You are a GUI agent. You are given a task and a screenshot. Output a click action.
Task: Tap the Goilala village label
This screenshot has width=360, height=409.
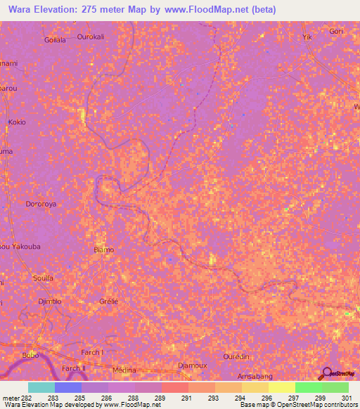55,40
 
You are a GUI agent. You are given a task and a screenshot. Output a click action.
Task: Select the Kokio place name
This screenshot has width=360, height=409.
17,122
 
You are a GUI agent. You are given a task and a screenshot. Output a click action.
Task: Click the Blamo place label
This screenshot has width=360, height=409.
103,249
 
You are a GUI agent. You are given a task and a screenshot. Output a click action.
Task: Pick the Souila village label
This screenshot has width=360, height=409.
44,278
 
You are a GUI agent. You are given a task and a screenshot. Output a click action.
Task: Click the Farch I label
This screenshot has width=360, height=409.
92,352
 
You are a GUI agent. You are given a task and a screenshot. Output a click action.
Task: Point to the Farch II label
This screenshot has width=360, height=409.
73,368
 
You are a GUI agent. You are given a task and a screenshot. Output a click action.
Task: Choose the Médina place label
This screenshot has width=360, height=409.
124,370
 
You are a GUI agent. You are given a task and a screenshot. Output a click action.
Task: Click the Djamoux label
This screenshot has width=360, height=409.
191,365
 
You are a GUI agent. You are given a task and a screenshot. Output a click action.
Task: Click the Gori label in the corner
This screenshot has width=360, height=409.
336,32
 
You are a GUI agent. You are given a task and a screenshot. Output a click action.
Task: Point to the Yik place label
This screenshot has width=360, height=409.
306,37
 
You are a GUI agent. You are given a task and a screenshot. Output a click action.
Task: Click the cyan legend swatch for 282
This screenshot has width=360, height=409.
41,387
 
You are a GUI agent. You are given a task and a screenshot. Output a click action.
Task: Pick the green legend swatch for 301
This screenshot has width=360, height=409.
335,387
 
